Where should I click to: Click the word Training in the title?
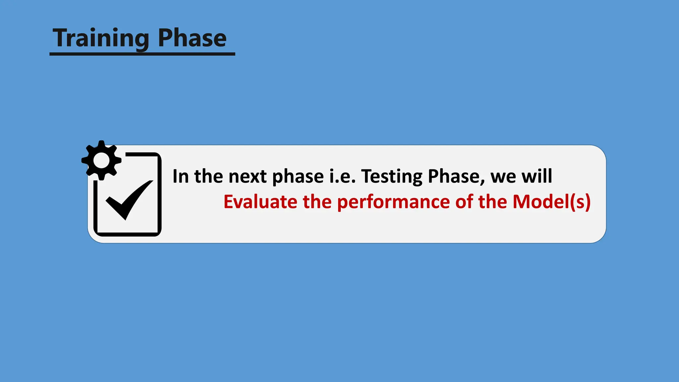pos(101,38)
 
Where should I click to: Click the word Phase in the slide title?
pos(192,38)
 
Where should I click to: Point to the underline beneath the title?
pos(142,54)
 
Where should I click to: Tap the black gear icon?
pos(101,160)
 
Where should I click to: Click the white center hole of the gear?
pos(101,160)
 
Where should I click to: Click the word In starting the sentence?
pos(180,176)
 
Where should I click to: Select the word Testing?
pos(392,176)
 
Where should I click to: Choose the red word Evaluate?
pos(260,202)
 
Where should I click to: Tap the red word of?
pos(464,202)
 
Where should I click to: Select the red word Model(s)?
pos(551,202)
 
